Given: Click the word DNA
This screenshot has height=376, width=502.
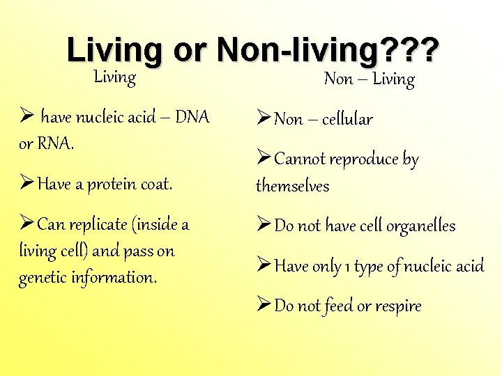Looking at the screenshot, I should click(192, 117).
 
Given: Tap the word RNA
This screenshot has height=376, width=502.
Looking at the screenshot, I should click(54, 143).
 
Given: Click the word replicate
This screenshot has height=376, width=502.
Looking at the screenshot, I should click(92, 225).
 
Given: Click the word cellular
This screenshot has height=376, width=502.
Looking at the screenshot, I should click(347, 119).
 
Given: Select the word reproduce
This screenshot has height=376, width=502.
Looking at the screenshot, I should click(365, 159).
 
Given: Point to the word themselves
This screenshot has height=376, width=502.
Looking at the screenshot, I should click(292, 186).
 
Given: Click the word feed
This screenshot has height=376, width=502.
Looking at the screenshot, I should click(339, 306).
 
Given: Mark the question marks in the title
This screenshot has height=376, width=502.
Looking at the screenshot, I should click(416, 51).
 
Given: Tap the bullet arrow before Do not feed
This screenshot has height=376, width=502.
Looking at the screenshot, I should click(264, 305).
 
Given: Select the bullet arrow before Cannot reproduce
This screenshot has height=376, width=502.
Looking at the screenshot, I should click(264, 159).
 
